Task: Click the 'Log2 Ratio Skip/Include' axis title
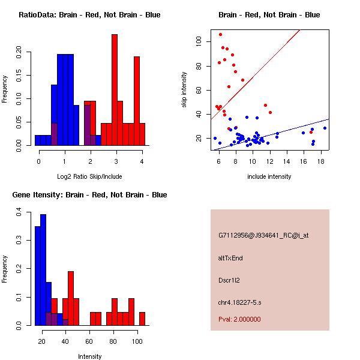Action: (x=89, y=176)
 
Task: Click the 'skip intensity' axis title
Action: (x=185, y=90)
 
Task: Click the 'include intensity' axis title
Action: (x=269, y=176)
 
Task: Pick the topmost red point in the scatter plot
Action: (x=220, y=34)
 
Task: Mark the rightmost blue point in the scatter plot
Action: (x=325, y=128)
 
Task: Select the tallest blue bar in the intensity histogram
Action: (x=43, y=270)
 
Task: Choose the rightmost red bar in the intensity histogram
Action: (x=142, y=319)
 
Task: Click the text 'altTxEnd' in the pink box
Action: (x=230, y=258)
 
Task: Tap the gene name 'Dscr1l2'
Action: (x=229, y=280)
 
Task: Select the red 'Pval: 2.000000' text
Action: (x=239, y=319)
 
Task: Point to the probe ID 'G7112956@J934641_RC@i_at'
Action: (x=263, y=236)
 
